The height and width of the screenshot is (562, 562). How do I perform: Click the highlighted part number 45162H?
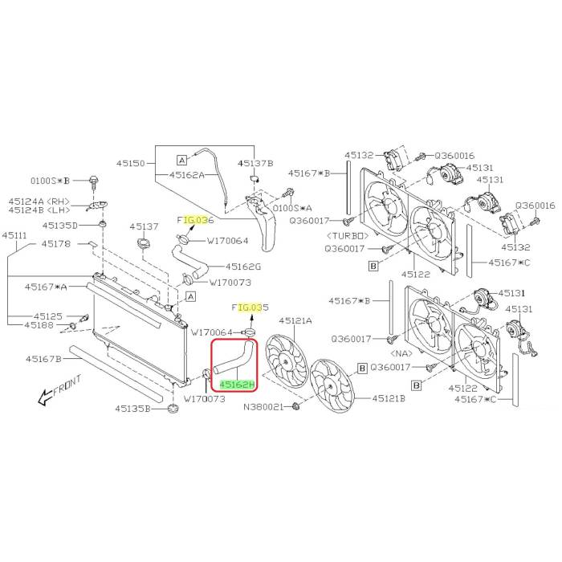pos(237,385)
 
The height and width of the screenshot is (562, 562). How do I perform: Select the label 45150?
pos(131,164)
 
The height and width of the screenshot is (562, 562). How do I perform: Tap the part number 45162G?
pos(243,267)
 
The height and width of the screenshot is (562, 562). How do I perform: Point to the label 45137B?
pos(255,164)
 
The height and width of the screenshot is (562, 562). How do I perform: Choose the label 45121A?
pos(295,321)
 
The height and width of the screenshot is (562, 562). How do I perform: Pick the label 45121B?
pos(389,398)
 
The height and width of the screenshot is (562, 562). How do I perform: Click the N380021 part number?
pos(263,407)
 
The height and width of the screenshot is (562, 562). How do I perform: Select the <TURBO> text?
pos(348,236)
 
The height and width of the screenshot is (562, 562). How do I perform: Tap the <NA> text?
pos(401,354)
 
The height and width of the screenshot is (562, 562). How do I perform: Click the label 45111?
pos(14,235)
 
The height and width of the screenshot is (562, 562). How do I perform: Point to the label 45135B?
pos(133,409)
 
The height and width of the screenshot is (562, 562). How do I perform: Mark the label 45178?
pos(56,244)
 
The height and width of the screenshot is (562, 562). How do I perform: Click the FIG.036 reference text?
pos(195,220)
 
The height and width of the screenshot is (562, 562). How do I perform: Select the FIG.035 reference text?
pos(250,307)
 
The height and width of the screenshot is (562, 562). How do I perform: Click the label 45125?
pos(48,316)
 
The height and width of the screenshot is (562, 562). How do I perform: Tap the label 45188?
pos(39,325)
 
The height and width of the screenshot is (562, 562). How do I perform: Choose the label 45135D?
pos(60,226)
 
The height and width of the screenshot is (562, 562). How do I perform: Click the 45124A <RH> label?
pos(39,202)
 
